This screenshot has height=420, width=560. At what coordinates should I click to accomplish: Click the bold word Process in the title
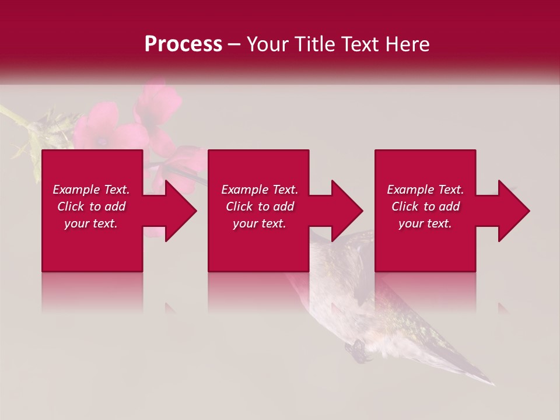pyautogui.click(x=183, y=44)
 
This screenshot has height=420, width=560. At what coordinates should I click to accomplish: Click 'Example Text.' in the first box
pyautogui.click(x=91, y=190)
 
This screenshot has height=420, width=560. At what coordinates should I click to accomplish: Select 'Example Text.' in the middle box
pyautogui.click(x=259, y=190)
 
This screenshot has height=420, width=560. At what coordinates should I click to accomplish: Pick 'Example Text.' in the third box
pyautogui.click(x=425, y=190)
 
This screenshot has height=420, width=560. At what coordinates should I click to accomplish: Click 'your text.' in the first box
pyautogui.click(x=91, y=223)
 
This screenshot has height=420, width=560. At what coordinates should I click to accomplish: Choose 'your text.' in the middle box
pyautogui.click(x=259, y=223)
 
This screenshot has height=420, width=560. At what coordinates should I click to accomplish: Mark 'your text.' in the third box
pyautogui.click(x=425, y=223)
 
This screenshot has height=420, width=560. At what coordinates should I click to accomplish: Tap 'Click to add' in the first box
pyautogui.click(x=91, y=206)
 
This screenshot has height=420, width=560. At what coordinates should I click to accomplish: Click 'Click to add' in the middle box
pyautogui.click(x=259, y=206)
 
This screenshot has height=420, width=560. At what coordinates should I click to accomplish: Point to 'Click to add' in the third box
pyautogui.click(x=425, y=206)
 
